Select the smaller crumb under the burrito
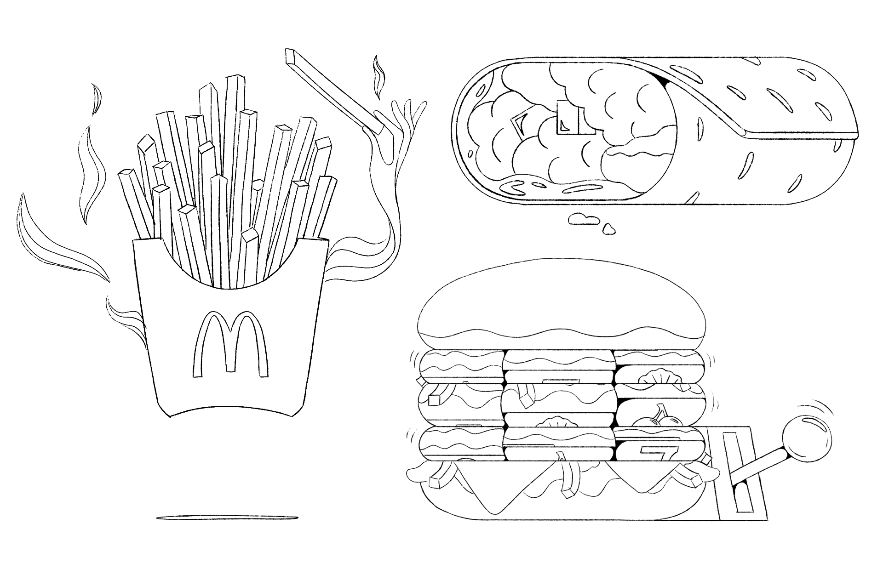pyautogui.click(x=610, y=228)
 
